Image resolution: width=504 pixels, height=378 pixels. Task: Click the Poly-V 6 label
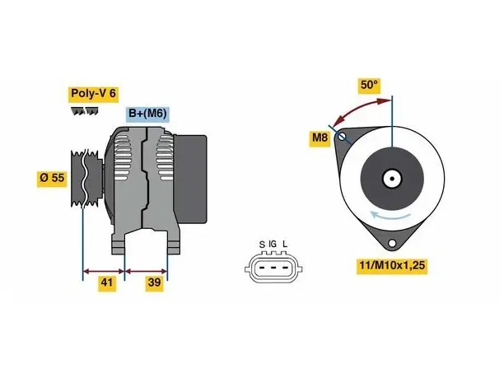[x=93, y=94]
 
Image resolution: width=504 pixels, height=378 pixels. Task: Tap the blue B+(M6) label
[x=147, y=114]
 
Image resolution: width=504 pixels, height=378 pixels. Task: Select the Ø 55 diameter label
[x=52, y=178]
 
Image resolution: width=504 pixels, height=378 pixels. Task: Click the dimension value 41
[x=107, y=282]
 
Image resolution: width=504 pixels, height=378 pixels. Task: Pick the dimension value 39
[x=154, y=282]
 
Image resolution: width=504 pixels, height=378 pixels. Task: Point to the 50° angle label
[x=369, y=85]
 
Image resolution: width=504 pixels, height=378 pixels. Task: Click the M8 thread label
[x=320, y=138]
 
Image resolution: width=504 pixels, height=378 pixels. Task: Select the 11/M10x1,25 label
[x=392, y=266]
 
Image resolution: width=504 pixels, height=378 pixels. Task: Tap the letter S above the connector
[x=262, y=245]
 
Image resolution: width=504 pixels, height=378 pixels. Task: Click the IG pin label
[x=273, y=245]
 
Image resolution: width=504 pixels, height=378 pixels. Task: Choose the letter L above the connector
[x=285, y=245]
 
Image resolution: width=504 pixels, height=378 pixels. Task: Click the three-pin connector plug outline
[x=273, y=268]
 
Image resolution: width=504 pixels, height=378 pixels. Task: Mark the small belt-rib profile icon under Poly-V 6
[x=85, y=111]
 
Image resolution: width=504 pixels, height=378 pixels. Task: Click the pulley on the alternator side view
[x=86, y=179]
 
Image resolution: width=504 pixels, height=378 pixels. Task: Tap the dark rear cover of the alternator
[x=190, y=179]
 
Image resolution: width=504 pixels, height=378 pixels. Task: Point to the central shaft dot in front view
[x=392, y=179]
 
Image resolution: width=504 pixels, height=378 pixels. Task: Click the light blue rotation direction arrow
[x=390, y=215]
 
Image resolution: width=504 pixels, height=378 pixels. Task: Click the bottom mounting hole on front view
[x=392, y=243]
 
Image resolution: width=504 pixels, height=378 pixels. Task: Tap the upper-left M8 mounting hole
[x=342, y=137]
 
